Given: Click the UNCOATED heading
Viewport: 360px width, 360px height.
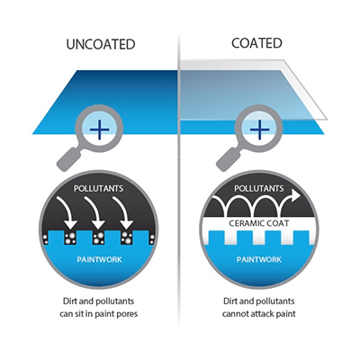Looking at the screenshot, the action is point(101,44).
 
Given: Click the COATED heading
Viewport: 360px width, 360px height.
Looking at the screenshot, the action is point(256,43).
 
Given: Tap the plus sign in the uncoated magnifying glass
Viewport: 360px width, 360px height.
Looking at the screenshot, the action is point(100,130).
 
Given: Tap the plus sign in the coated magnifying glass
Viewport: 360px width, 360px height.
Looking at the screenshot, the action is point(259,130).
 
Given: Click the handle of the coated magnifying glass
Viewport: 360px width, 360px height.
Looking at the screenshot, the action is point(228,159).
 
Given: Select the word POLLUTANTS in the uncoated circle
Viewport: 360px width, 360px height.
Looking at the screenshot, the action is point(98,188).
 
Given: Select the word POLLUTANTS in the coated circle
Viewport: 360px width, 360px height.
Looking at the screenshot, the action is point(259,188).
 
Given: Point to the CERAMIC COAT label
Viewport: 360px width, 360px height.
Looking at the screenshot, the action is point(259,223).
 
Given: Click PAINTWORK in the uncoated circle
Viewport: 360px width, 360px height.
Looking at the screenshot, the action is point(99,259).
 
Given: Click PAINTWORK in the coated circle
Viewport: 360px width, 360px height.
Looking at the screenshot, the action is point(259,259).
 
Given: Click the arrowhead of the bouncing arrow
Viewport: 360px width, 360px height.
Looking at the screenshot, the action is point(295,196).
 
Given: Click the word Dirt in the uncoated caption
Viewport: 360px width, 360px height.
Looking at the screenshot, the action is point(69,301).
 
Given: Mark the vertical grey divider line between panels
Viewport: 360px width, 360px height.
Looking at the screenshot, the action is point(179,180).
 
